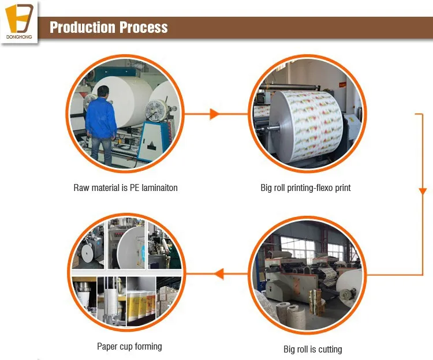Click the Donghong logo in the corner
pyautogui.click(x=19, y=22)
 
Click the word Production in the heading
pyautogui.click(x=81, y=27)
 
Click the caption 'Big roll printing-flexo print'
pyautogui.click(x=305, y=187)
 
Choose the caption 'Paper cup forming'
pyautogui.click(x=129, y=347)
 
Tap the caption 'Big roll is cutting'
pyautogui.click(x=312, y=349)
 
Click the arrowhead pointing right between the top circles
pyautogui.click(x=214, y=114)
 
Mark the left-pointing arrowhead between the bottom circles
pyautogui.click(x=218, y=273)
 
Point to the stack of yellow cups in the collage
pyautogui.click(x=139, y=300)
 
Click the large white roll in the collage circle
pyautogui.click(x=130, y=248)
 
